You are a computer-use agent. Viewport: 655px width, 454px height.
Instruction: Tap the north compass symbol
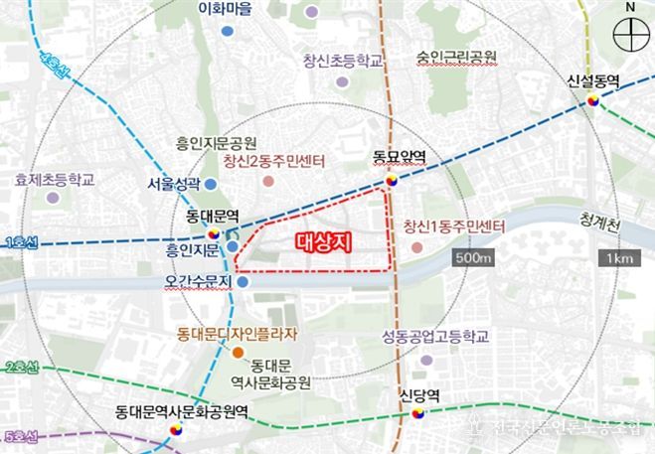point(630,37)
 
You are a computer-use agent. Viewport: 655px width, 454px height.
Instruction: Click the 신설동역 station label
point(593,81)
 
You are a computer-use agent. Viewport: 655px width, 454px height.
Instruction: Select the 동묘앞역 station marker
point(393,181)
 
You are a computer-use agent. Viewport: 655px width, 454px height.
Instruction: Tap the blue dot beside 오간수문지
point(243,282)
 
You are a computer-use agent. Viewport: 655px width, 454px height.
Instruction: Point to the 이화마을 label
point(226,10)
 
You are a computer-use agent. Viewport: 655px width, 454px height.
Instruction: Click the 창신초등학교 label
point(343,61)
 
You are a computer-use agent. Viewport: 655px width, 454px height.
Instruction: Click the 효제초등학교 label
point(55,180)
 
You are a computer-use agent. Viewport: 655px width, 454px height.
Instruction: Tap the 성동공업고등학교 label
point(436,336)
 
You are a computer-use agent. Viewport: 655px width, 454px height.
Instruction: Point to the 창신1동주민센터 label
point(455,226)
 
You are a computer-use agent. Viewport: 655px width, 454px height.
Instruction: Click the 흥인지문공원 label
point(216,142)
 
